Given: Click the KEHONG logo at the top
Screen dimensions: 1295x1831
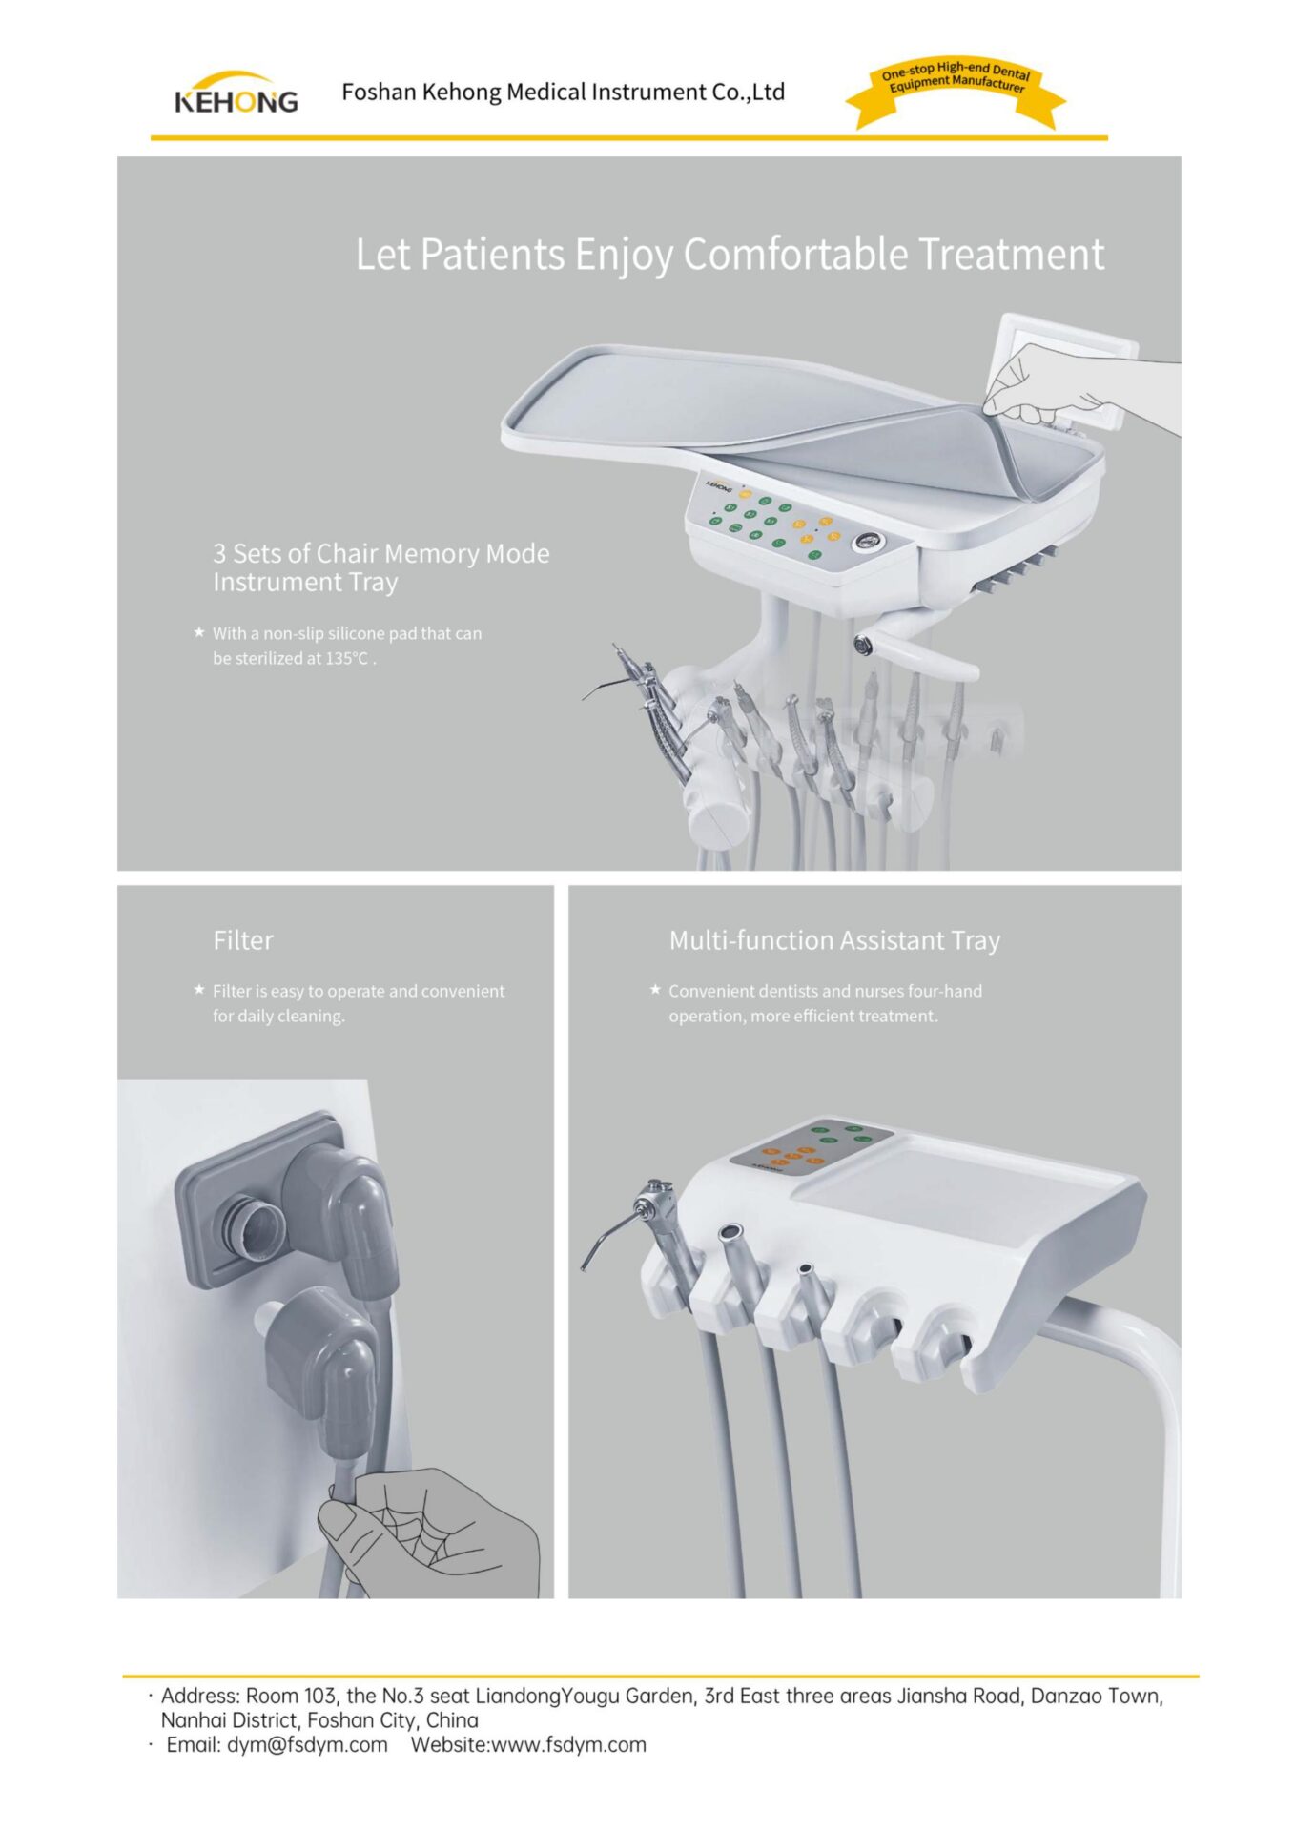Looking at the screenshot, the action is pos(236,93).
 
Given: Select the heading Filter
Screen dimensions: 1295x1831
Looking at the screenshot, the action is pos(243,940).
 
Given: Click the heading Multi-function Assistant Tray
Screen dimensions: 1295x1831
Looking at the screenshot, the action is pos(834,940).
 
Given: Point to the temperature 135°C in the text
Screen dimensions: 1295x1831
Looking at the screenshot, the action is pos(347,658).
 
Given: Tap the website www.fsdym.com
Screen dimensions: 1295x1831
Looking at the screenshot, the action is pos(568,1744).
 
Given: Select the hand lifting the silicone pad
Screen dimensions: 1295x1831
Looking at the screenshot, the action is pos(1068,386).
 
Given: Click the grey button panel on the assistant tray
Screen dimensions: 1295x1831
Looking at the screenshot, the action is pos(811,1145).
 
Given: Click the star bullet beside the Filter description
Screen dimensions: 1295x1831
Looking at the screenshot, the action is pos(198,989).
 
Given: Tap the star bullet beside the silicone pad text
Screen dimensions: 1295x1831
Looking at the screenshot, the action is pos(198,631).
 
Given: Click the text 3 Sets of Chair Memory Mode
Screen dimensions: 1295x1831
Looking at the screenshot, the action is pos(381,553).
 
